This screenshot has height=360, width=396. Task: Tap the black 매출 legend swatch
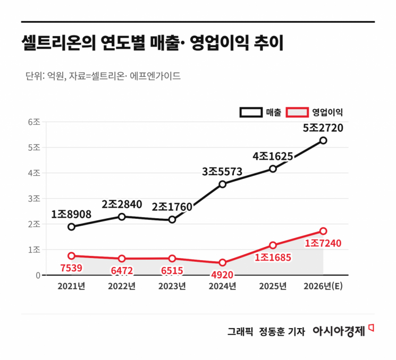250,113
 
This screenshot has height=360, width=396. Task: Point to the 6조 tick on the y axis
34,122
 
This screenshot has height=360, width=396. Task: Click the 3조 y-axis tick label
34,199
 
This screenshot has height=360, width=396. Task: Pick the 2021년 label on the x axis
71,286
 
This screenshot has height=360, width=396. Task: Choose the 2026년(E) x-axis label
323,286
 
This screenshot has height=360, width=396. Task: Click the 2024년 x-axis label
222,286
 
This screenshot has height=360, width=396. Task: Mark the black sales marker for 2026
323,141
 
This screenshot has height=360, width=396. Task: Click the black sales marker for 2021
71,227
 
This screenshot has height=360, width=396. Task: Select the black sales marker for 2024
222,184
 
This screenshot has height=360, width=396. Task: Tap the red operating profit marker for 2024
222,263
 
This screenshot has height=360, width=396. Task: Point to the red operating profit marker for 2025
273,245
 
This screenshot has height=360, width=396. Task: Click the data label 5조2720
323,128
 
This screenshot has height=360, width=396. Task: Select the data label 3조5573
222,172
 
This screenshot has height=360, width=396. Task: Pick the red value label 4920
222,275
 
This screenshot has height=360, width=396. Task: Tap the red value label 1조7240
323,243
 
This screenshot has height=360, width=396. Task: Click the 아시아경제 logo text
339,331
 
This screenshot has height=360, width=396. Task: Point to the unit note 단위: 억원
45,76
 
